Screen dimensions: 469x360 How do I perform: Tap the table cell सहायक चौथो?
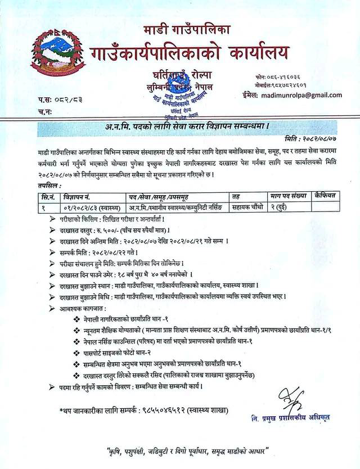250,206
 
